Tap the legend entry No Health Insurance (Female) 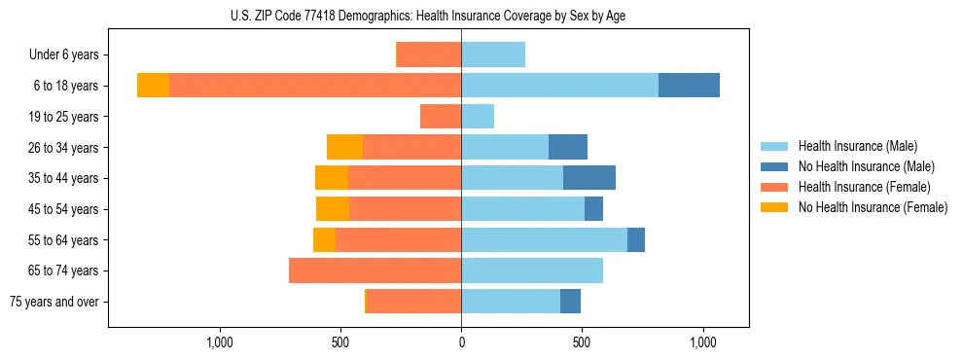click(873, 207)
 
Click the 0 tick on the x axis click(461, 342)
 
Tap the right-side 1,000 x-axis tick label click(703, 342)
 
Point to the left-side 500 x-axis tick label click(339, 342)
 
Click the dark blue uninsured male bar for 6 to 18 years click(689, 86)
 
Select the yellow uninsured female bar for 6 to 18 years click(153, 86)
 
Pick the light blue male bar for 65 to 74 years click(532, 270)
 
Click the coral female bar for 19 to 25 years click(441, 117)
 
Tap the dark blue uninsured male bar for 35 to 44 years click(589, 178)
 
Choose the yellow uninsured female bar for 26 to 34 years click(344, 147)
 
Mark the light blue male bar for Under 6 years click(493, 55)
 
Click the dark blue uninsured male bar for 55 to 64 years click(636, 239)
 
